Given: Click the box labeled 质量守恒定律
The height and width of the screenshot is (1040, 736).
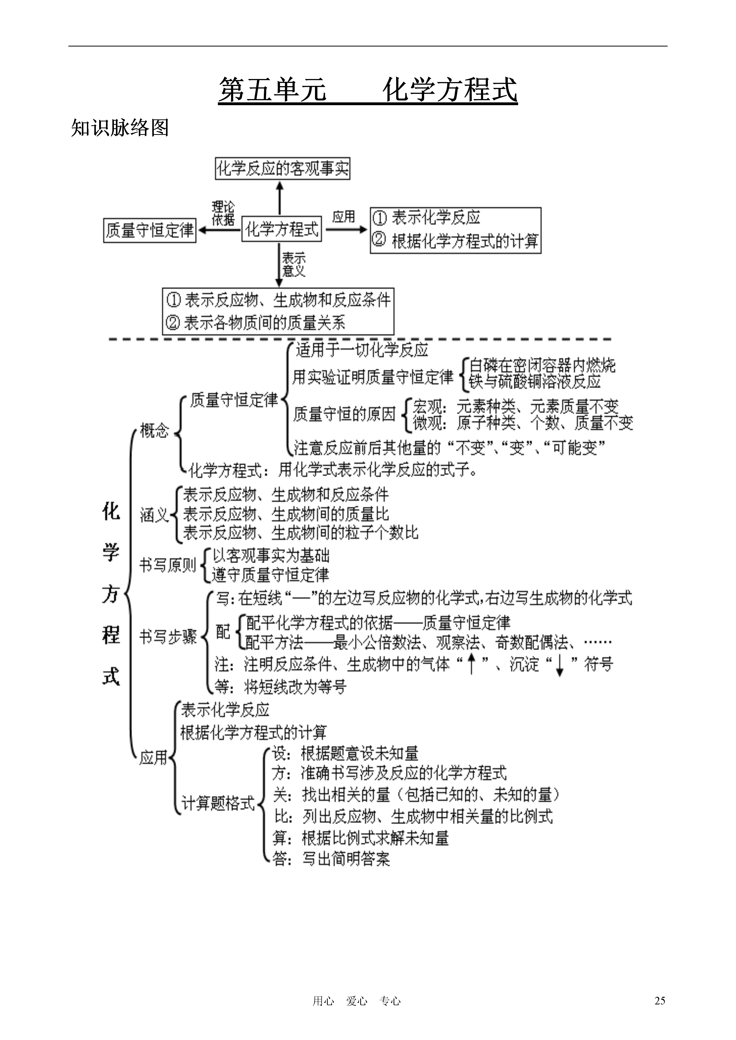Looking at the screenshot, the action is tap(149, 231).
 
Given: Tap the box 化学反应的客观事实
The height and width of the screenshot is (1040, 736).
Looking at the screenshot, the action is tap(282, 168).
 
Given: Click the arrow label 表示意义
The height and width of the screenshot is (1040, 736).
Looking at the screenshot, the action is tap(294, 264).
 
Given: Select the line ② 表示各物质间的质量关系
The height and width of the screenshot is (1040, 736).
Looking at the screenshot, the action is tap(256, 323).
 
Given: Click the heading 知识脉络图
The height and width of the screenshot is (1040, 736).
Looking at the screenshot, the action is tap(120, 128).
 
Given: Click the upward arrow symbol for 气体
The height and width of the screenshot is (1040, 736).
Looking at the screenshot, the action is tap(471, 664).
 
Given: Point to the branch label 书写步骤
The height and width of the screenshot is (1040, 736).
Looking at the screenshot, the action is tap(168, 637).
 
